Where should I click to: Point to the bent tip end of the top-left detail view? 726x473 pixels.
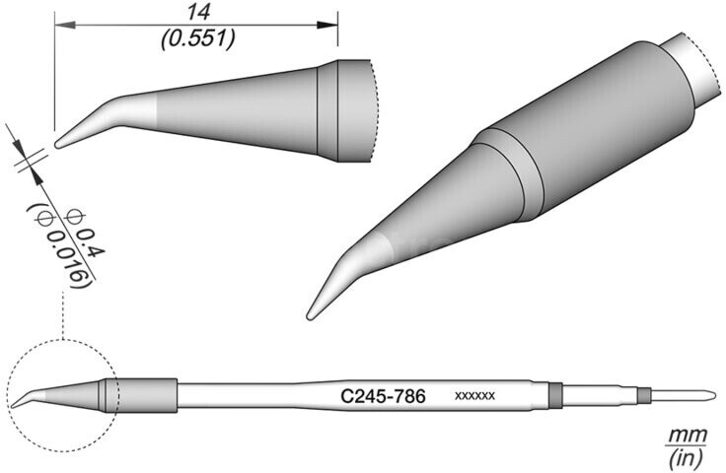point(59,144)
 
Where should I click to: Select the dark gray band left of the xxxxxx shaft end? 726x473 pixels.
point(554,395)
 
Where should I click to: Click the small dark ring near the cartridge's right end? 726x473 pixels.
point(644,396)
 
